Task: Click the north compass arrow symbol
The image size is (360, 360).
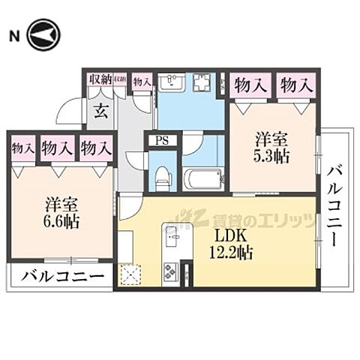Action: click(x=43, y=35)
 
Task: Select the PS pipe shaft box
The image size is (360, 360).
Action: click(x=160, y=140)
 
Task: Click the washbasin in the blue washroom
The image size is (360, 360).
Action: click(x=173, y=82)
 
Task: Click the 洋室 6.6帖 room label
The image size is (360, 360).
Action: click(x=61, y=212)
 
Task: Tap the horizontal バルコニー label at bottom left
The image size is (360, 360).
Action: click(x=61, y=275)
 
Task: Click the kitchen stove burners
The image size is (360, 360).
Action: click(x=169, y=272)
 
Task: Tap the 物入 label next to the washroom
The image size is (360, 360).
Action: click(x=141, y=80)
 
